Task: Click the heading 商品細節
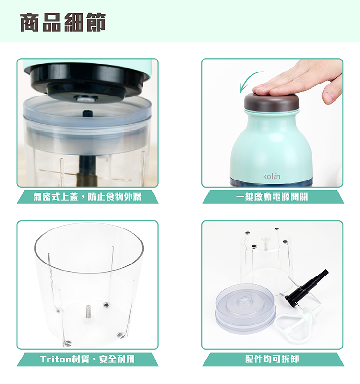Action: tap(63, 22)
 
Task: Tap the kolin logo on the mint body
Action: tap(272, 176)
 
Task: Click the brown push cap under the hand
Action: tap(272, 102)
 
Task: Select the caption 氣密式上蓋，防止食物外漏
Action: tap(87, 197)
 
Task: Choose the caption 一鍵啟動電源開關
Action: tap(272, 197)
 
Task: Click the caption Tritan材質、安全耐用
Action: tap(87, 359)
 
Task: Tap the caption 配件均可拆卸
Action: tap(272, 359)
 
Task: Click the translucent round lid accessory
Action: tap(245, 308)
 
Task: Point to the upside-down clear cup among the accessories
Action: tap(266, 260)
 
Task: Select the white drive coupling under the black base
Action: tap(86, 99)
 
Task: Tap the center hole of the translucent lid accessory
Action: tap(244, 299)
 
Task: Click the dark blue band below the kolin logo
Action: tap(272, 182)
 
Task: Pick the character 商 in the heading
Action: tap(30, 22)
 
